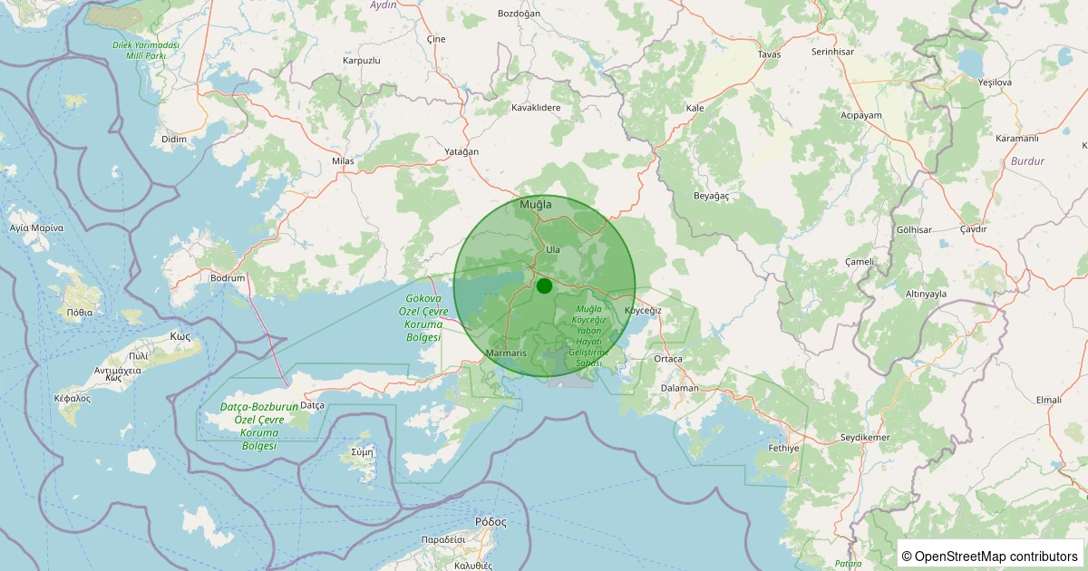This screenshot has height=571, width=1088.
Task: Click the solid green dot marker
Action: coord(544,285)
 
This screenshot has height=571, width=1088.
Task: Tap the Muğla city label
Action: coord(535,205)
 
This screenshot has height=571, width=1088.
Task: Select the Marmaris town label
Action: coord(506,353)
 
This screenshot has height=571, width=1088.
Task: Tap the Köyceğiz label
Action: coord(643,310)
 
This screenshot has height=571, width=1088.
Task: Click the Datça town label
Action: coord(312,405)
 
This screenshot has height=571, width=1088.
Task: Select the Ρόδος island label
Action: coord(491,522)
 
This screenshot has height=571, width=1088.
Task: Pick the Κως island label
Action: coord(180,335)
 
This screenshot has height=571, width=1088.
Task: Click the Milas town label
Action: coord(343,160)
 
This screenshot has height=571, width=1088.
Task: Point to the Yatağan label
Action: coord(461,151)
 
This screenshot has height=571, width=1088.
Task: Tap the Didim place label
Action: coord(173,139)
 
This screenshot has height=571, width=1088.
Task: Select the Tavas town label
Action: coord(769,54)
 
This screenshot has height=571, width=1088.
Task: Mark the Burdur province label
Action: coord(1020,160)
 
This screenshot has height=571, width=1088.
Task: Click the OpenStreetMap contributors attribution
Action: coord(989,556)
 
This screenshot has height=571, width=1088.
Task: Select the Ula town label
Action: coord(553,249)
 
